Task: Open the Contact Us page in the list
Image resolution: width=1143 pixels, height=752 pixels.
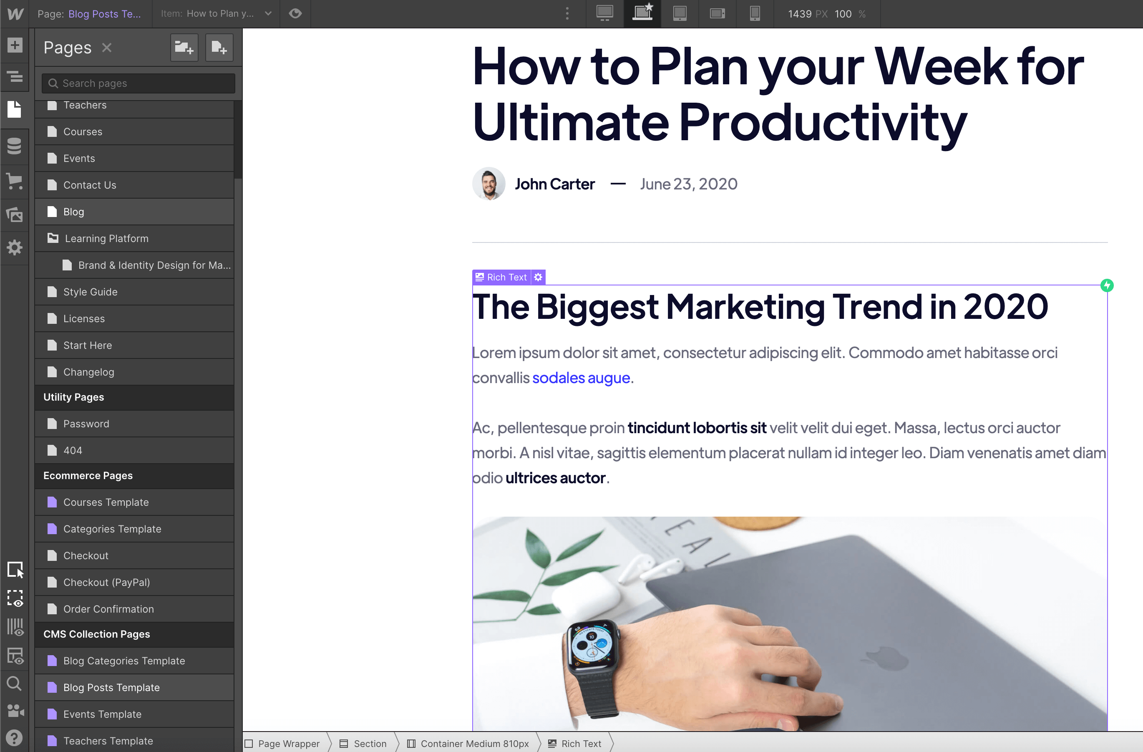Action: click(89, 185)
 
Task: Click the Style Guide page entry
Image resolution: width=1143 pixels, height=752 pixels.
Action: click(90, 292)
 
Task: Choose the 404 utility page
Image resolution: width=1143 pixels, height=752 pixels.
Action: click(73, 450)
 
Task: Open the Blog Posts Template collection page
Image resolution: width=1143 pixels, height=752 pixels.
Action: click(111, 688)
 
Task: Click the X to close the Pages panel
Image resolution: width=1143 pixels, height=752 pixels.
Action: click(107, 48)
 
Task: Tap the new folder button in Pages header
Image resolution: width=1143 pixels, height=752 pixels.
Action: click(184, 48)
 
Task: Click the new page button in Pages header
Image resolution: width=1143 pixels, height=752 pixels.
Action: click(219, 48)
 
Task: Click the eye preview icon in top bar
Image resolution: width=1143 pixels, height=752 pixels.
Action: click(295, 13)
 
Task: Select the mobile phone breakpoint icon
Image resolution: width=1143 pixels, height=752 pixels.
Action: click(755, 13)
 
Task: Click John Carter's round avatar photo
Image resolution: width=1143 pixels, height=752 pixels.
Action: click(488, 184)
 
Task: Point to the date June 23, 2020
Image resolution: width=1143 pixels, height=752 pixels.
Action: click(688, 184)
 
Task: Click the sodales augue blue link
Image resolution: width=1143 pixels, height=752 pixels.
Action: click(581, 378)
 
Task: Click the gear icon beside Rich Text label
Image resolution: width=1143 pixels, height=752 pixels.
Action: click(539, 277)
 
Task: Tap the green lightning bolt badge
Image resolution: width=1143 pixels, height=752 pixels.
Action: click(1107, 285)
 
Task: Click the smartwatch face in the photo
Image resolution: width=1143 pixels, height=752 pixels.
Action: click(592, 644)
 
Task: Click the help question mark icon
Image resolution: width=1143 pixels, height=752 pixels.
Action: click(15, 737)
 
